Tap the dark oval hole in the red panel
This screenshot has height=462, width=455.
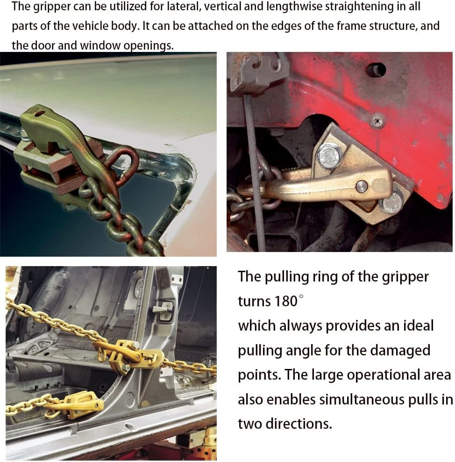(x=376, y=70)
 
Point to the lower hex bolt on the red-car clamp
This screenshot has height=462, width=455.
(x=391, y=202)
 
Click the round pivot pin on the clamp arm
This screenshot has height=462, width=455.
(x=362, y=186)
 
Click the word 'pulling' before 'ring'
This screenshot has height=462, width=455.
(x=289, y=276)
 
